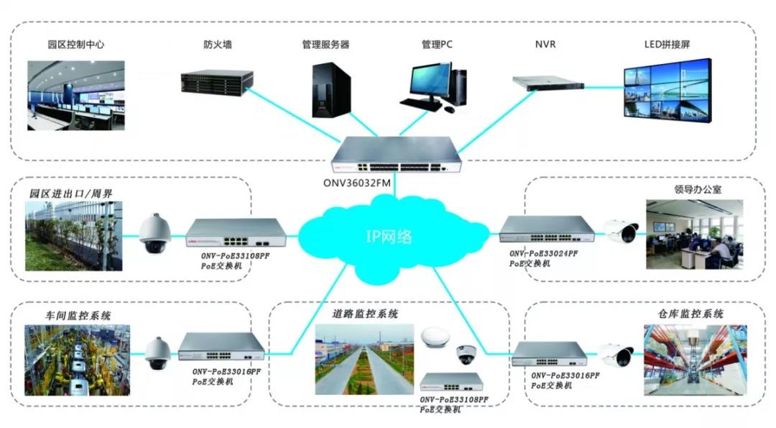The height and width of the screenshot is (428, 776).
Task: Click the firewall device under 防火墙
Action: (217, 80)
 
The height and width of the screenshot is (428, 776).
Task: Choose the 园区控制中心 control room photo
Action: (76, 95)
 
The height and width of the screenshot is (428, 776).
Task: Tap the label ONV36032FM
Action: (360, 183)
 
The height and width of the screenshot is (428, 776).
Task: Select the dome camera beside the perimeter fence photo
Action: (153, 233)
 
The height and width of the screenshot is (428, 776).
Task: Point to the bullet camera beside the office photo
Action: (620, 230)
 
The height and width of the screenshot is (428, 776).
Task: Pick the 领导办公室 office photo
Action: (694, 235)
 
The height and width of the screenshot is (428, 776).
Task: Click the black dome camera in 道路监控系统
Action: (465, 355)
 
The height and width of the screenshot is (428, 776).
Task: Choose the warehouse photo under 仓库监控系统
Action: (695, 360)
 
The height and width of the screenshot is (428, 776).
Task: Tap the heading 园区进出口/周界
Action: (71, 193)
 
